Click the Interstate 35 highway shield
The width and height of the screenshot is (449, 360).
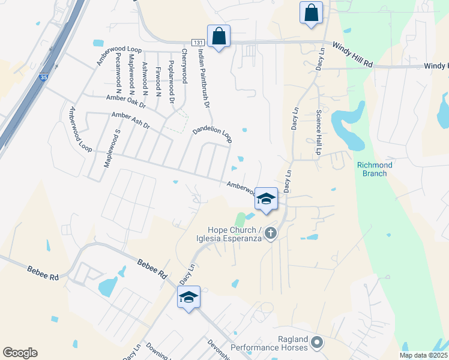pos(43,77)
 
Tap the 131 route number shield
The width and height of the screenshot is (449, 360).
pos(199,42)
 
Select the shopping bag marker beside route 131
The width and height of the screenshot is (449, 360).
pos(219,37)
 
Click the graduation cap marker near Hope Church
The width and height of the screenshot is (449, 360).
pos(266,199)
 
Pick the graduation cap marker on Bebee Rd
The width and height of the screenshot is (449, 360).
pos(189,297)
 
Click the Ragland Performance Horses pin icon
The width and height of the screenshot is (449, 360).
pos(317,343)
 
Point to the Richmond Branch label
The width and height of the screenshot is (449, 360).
pos(375,169)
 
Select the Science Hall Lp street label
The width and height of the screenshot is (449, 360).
pos(319,132)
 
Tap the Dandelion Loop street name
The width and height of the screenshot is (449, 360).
pos(212,134)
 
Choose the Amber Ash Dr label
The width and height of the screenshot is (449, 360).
pos(130,121)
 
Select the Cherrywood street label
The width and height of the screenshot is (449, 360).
pos(184,65)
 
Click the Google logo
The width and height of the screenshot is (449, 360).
pos(20,352)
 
